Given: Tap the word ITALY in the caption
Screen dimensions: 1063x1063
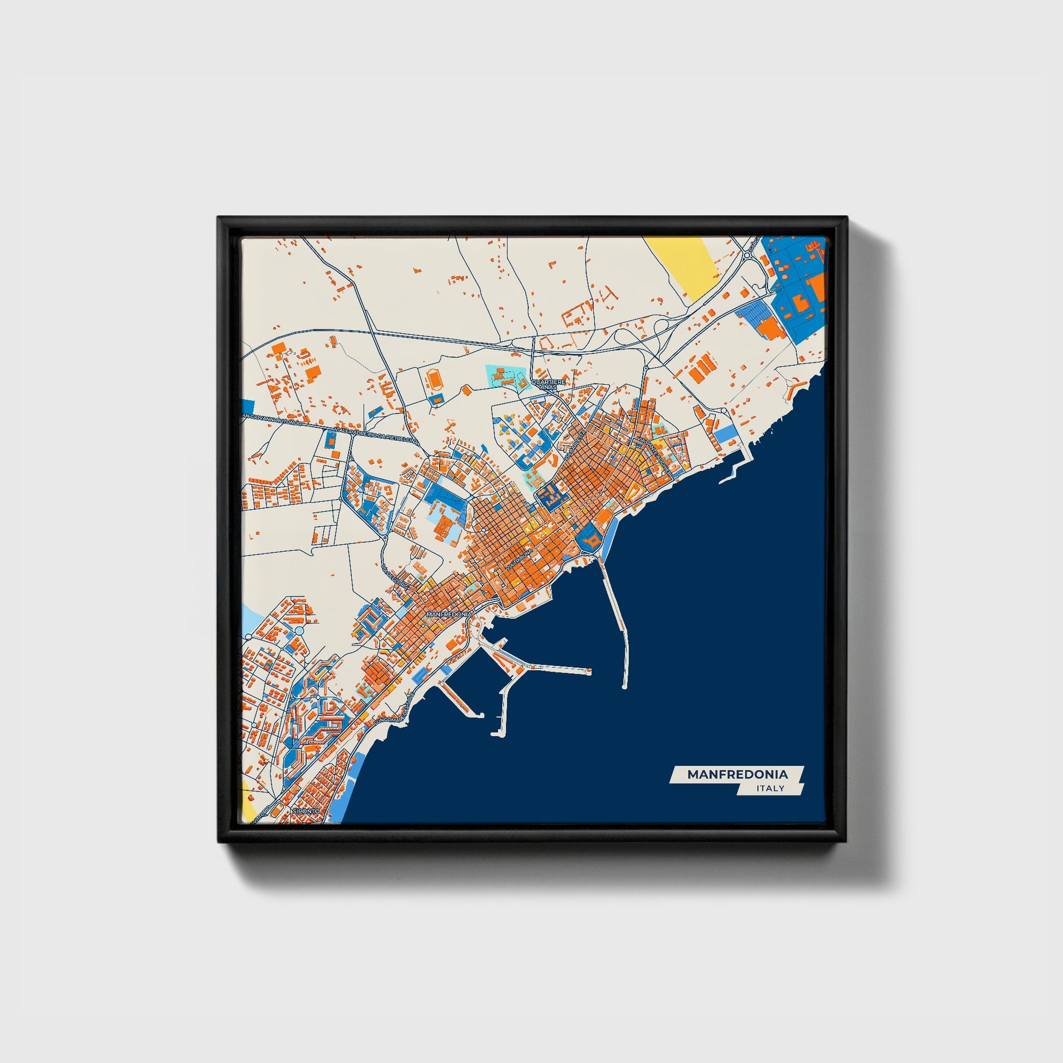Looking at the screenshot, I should coord(770,788).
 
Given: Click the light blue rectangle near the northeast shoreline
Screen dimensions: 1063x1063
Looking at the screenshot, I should coord(725,437).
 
